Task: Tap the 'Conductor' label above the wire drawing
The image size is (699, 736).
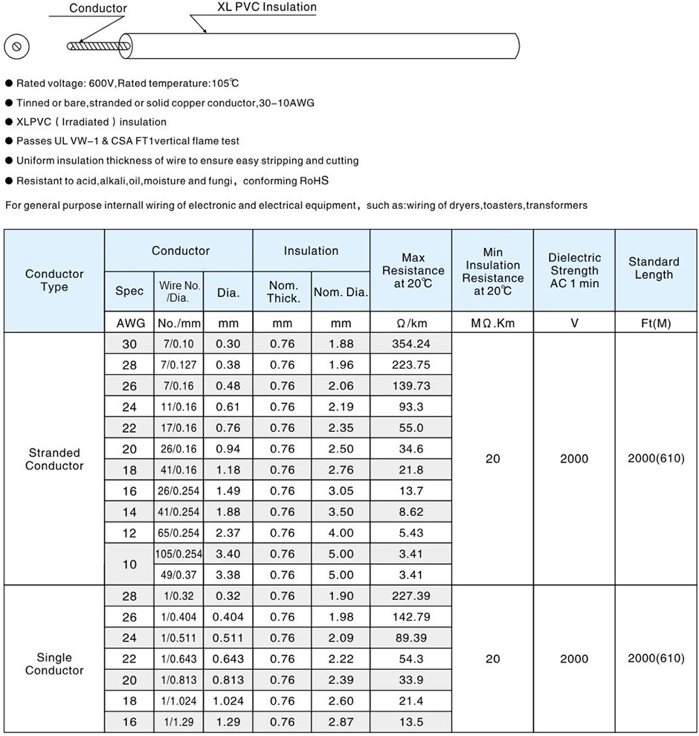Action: (x=98, y=8)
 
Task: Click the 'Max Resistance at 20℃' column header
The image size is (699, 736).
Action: (x=413, y=271)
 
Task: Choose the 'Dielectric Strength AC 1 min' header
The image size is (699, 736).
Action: (x=574, y=271)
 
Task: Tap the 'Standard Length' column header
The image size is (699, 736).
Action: (x=654, y=268)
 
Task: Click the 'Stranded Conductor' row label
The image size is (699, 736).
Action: (x=54, y=459)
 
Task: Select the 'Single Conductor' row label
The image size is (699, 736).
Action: (x=54, y=664)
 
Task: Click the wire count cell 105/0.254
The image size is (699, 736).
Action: (x=178, y=554)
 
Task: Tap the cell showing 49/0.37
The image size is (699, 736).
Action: (x=178, y=575)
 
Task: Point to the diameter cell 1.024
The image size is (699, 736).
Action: (x=228, y=701)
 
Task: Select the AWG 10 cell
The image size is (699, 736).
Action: (x=129, y=564)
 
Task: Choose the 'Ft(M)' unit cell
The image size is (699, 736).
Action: (x=655, y=323)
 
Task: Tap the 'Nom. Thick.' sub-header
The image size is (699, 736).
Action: (x=283, y=292)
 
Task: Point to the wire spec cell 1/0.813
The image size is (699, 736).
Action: (x=178, y=679)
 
